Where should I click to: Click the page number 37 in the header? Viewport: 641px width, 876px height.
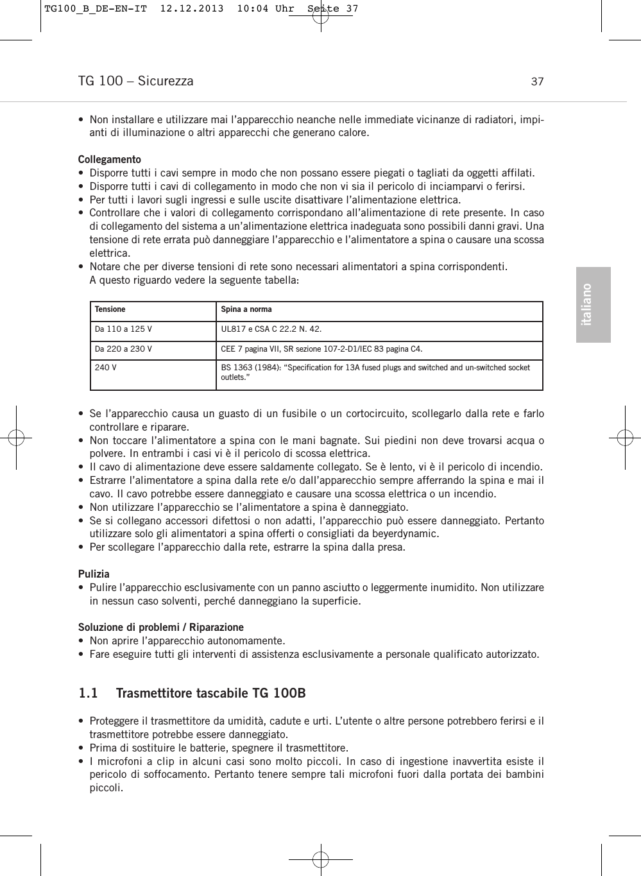[537, 82]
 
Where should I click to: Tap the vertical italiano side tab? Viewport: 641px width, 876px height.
[593, 305]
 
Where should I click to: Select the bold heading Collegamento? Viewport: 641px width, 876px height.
[110, 159]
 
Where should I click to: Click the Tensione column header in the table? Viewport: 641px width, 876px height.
[110, 309]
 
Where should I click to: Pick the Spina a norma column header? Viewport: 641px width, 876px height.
[246, 309]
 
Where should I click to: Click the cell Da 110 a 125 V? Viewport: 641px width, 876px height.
[124, 329]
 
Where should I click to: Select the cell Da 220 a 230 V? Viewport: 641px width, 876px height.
[124, 349]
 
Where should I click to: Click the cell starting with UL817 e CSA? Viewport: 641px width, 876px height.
[271, 329]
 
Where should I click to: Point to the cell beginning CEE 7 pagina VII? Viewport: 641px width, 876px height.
[321, 349]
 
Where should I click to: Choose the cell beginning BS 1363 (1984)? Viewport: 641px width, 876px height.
[375, 372]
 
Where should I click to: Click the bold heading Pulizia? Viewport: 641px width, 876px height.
[94, 574]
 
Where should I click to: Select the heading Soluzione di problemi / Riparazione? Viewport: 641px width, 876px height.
[161, 627]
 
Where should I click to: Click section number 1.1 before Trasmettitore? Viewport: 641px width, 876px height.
[88, 693]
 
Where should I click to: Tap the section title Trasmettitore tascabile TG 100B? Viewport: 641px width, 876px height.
[211, 693]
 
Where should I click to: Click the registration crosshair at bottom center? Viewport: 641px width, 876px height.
[321, 859]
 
